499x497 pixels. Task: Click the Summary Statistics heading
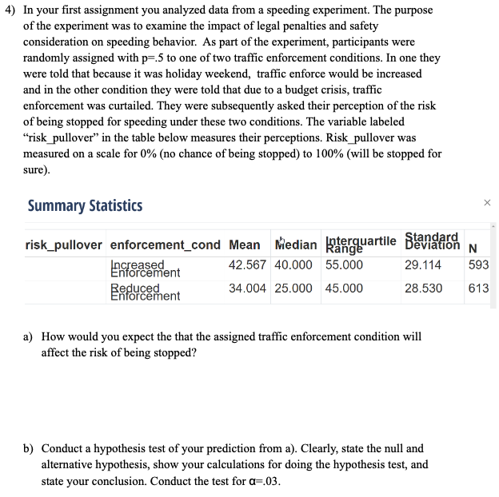coord(85,205)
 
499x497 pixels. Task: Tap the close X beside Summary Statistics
coord(487,205)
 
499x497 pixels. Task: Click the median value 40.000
coord(293,264)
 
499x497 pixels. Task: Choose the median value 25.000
coord(293,288)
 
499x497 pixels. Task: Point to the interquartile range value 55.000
coord(343,264)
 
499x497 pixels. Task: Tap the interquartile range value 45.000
coord(343,288)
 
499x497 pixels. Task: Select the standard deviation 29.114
coord(424,264)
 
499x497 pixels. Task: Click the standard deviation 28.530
coord(424,288)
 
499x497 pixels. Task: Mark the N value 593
coord(478,264)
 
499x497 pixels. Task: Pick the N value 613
coord(478,288)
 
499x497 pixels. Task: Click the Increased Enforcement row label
coord(145,268)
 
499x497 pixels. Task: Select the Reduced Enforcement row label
coord(145,292)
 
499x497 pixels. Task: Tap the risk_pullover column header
coord(64,245)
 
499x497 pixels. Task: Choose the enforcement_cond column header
coord(165,245)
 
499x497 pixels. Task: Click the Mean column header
coord(244,245)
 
